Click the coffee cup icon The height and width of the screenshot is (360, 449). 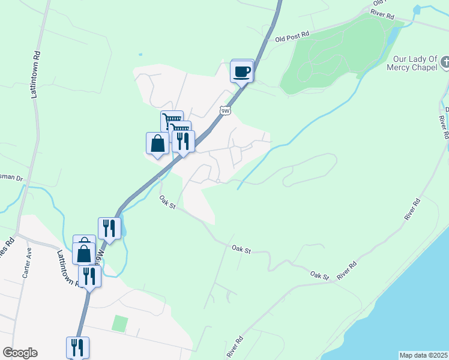point(243,72)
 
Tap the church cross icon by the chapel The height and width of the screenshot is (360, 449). point(445,62)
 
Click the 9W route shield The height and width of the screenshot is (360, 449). point(225,110)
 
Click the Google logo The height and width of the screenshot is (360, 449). point(20,353)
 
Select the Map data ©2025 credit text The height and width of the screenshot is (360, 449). point(424,355)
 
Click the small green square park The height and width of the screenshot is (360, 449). point(120,323)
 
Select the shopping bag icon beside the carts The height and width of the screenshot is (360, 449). point(157,143)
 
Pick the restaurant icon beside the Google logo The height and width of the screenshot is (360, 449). point(78,347)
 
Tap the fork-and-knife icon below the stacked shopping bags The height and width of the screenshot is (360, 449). point(89,276)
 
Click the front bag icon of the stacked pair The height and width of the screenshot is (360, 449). point(83,253)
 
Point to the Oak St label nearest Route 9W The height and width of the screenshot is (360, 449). point(167,202)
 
